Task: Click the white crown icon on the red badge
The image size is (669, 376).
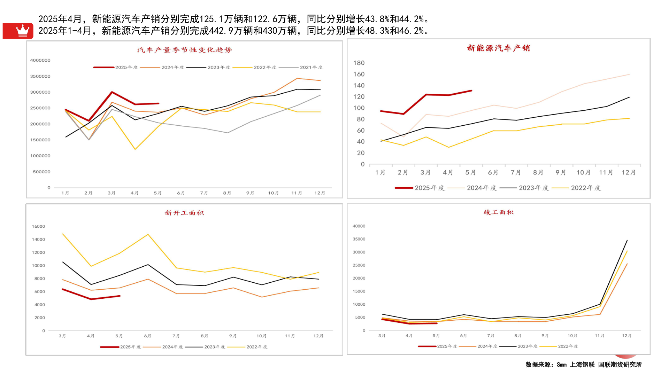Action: [x=23, y=31]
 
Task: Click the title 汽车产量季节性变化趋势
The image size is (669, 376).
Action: [x=184, y=50]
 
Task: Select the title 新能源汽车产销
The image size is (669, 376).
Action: [x=498, y=48]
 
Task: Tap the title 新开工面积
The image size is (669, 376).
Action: [x=184, y=213]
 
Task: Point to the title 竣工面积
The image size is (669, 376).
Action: [x=498, y=212]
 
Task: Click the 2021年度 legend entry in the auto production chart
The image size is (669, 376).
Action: [x=311, y=67]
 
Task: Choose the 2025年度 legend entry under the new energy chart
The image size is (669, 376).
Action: [x=429, y=188]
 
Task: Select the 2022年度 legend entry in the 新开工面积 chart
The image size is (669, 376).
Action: [x=256, y=347]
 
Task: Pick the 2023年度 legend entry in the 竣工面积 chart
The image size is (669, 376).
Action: [x=527, y=346]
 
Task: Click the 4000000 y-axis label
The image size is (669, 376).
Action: [x=40, y=60]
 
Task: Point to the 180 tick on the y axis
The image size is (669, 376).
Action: [x=359, y=63]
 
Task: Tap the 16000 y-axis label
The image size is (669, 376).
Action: [x=38, y=226]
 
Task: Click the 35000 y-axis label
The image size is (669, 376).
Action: [x=359, y=239]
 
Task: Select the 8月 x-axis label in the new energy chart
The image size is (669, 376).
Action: [x=538, y=172]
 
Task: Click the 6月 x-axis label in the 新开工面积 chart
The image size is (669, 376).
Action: [x=147, y=336]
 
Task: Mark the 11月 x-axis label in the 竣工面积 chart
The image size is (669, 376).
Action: [x=599, y=336]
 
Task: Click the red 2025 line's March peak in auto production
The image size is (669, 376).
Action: [x=112, y=92]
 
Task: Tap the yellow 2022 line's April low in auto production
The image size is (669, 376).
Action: [x=135, y=149]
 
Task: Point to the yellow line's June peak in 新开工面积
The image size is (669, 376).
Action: [x=148, y=234]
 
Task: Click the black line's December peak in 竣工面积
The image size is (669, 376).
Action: [x=627, y=240]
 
